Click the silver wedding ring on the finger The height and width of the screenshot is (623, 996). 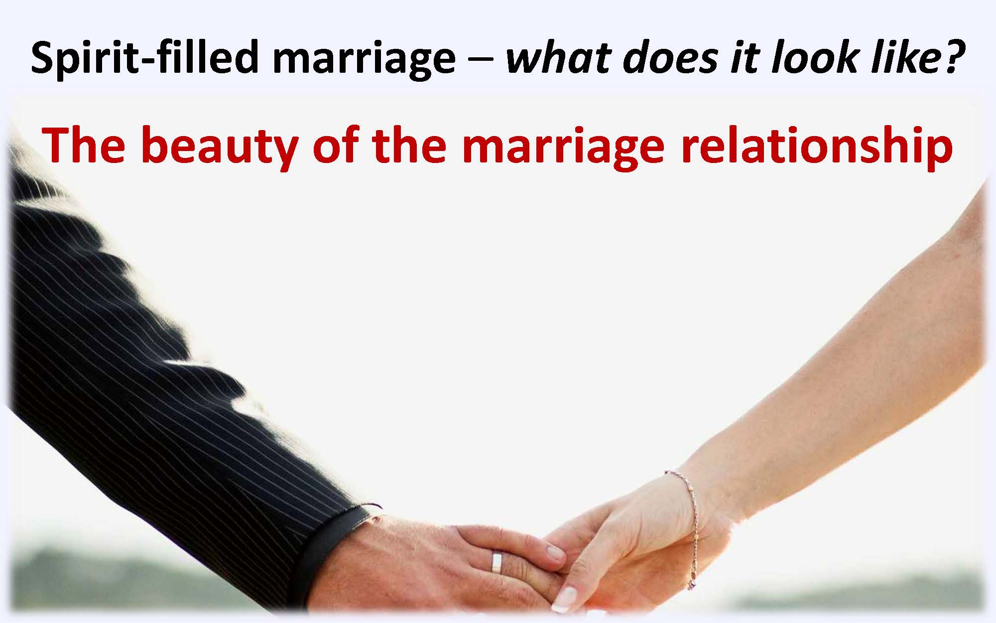point(497,562)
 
